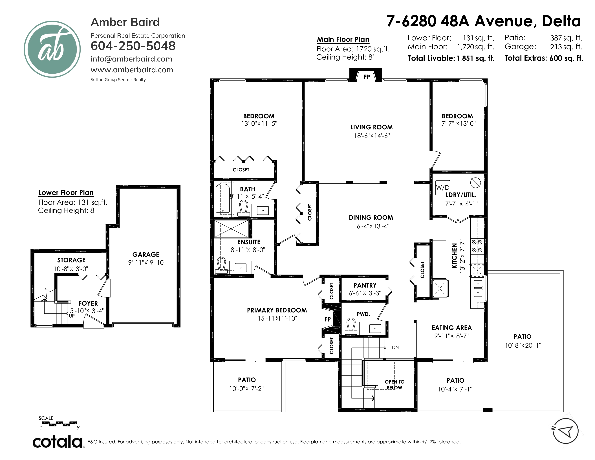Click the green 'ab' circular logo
(52, 49)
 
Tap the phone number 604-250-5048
(133, 46)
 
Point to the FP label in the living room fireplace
(367, 77)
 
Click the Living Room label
(372, 127)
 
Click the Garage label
(146, 255)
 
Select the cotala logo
(58, 442)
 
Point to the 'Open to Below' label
(395, 385)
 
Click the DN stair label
(395, 347)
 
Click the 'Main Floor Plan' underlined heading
(343, 40)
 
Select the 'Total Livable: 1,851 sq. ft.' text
(451, 58)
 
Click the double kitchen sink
(478, 288)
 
